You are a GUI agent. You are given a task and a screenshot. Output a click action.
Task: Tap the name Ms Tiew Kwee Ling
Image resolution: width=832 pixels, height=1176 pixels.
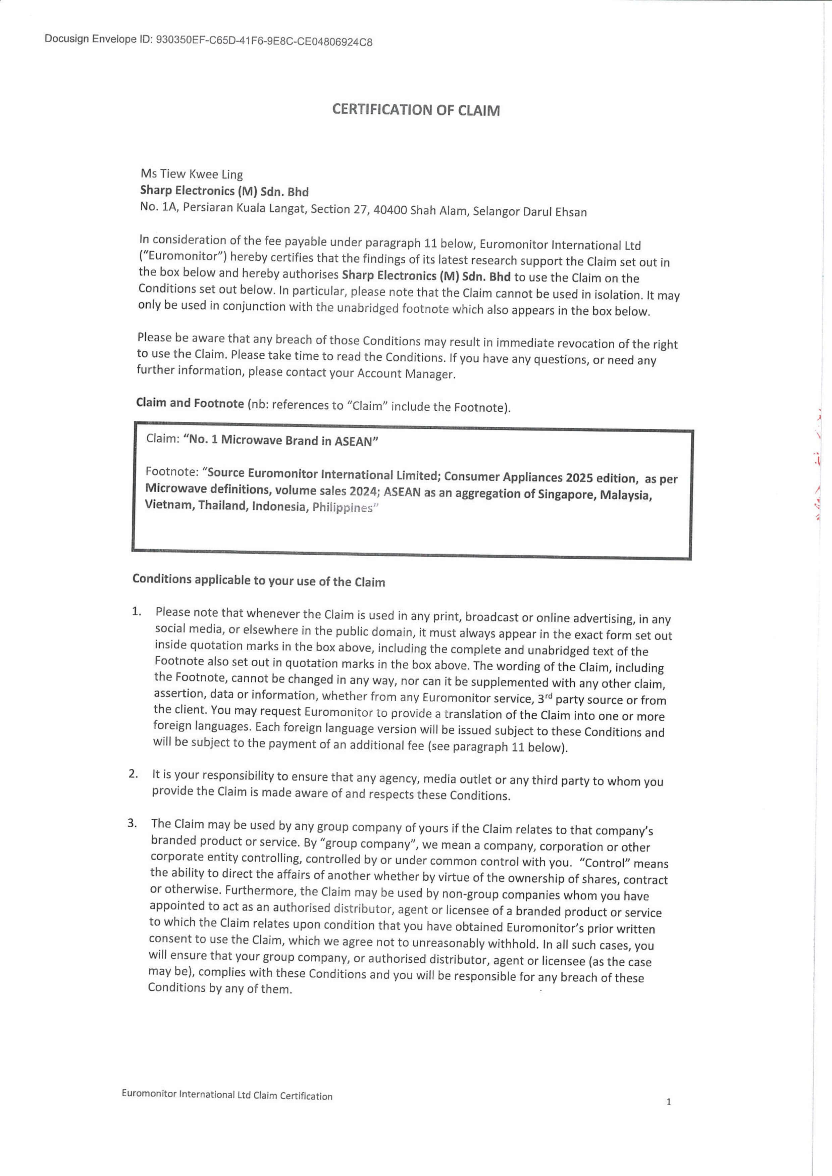pos(192,174)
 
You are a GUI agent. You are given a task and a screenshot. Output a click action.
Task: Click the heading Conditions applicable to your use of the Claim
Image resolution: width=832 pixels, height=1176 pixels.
pos(259,580)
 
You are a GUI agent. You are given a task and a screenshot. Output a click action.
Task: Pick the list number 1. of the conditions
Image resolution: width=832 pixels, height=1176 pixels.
pos(136,611)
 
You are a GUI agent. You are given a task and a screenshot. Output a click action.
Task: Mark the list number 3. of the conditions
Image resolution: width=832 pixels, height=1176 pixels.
pos(132,823)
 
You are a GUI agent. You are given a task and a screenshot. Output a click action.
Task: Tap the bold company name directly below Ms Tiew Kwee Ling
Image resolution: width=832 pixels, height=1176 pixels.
pos(224,192)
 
